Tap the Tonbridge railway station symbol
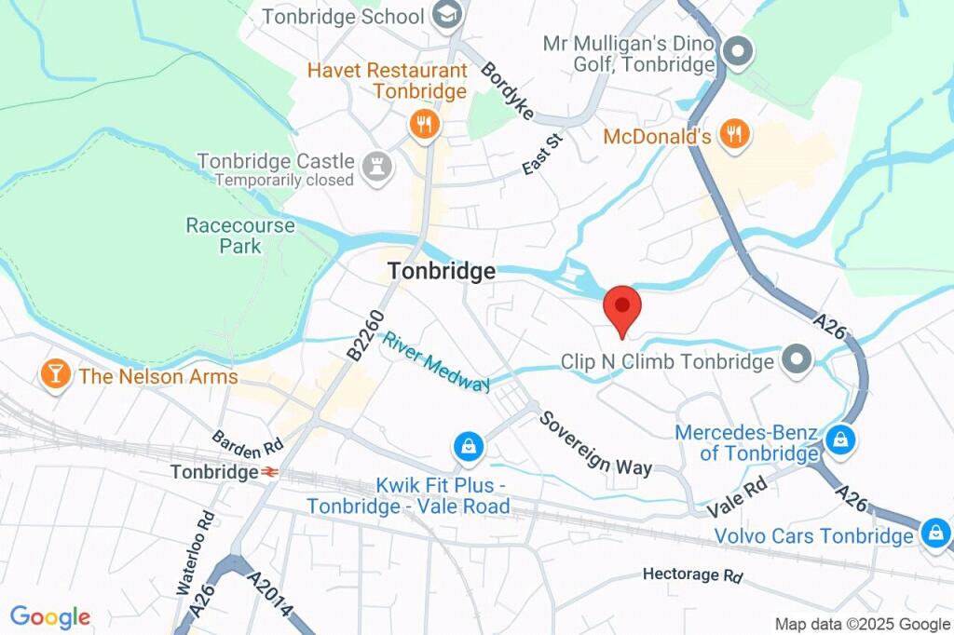[x=268, y=472]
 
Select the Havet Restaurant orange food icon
[x=424, y=125]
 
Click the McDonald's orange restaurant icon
[x=735, y=134]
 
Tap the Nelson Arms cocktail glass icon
[x=56, y=375]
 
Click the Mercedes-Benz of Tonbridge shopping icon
[x=840, y=439]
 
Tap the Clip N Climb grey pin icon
[x=797, y=359]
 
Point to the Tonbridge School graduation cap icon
[x=447, y=15]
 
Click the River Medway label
[x=435, y=362]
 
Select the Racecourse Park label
[x=240, y=236]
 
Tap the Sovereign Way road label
[x=596, y=440]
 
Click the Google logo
[x=50, y=616]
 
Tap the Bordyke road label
[x=508, y=91]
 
